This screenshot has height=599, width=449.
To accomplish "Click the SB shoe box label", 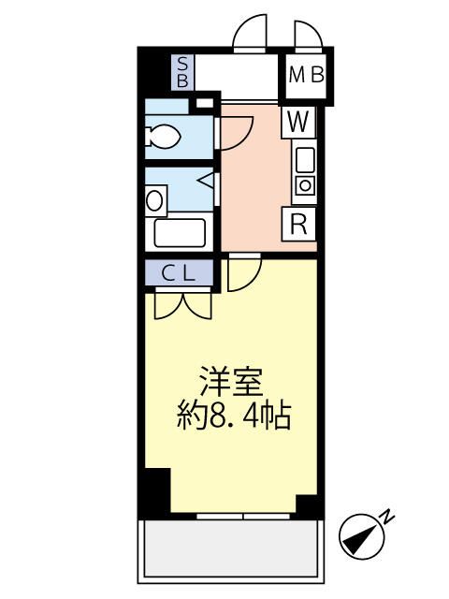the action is pyautogui.click(x=182, y=72).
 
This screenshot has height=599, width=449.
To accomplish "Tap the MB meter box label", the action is pyautogui.click(x=307, y=75).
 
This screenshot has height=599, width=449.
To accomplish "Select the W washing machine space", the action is pyautogui.click(x=298, y=123).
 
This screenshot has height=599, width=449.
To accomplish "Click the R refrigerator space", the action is pyautogui.click(x=298, y=225).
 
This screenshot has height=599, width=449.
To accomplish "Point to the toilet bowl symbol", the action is pyautogui.click(x=163, y=136).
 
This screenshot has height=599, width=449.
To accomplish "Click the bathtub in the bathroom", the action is pyautogui.click(x=180, y=233).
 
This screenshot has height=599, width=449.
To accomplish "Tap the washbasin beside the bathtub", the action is pyautogui.click(x=155, y=200).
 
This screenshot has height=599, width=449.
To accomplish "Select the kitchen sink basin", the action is pyautogui.click(x=305, y=160).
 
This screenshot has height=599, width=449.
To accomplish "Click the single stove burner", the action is pyautogui.click(x=305, y=185).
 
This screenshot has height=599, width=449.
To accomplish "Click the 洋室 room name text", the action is pyautogui.click(x=232, y=382).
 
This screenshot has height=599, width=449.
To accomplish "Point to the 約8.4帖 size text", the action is pyautogui.click(x=234, y=416).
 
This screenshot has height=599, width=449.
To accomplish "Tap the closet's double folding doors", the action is pyautogui.click(x=183, y=305).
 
